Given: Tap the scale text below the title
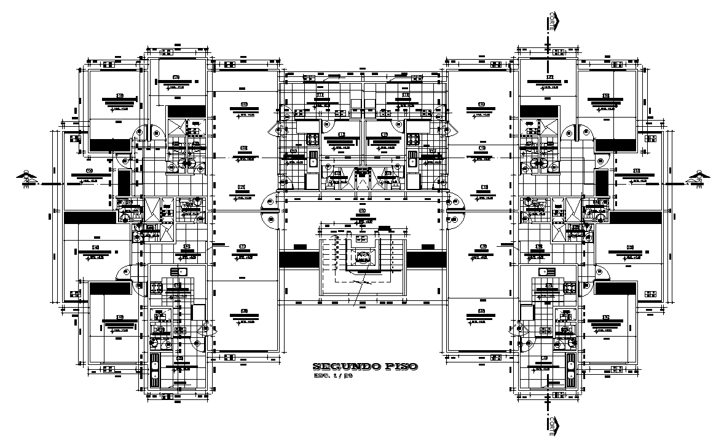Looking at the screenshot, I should [x=332, y=376].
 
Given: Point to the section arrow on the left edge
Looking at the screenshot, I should [x=26, y=178].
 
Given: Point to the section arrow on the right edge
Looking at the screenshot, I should [x=696, y=178].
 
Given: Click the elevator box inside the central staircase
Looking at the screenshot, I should [x=363, y=256].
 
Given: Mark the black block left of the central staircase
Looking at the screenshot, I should [x=299, y=259].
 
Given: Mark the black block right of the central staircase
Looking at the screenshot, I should [x=426, y=259].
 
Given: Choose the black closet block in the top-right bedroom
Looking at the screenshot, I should [x=615, y=145].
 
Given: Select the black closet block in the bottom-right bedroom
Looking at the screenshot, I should [x=615, y=289].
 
